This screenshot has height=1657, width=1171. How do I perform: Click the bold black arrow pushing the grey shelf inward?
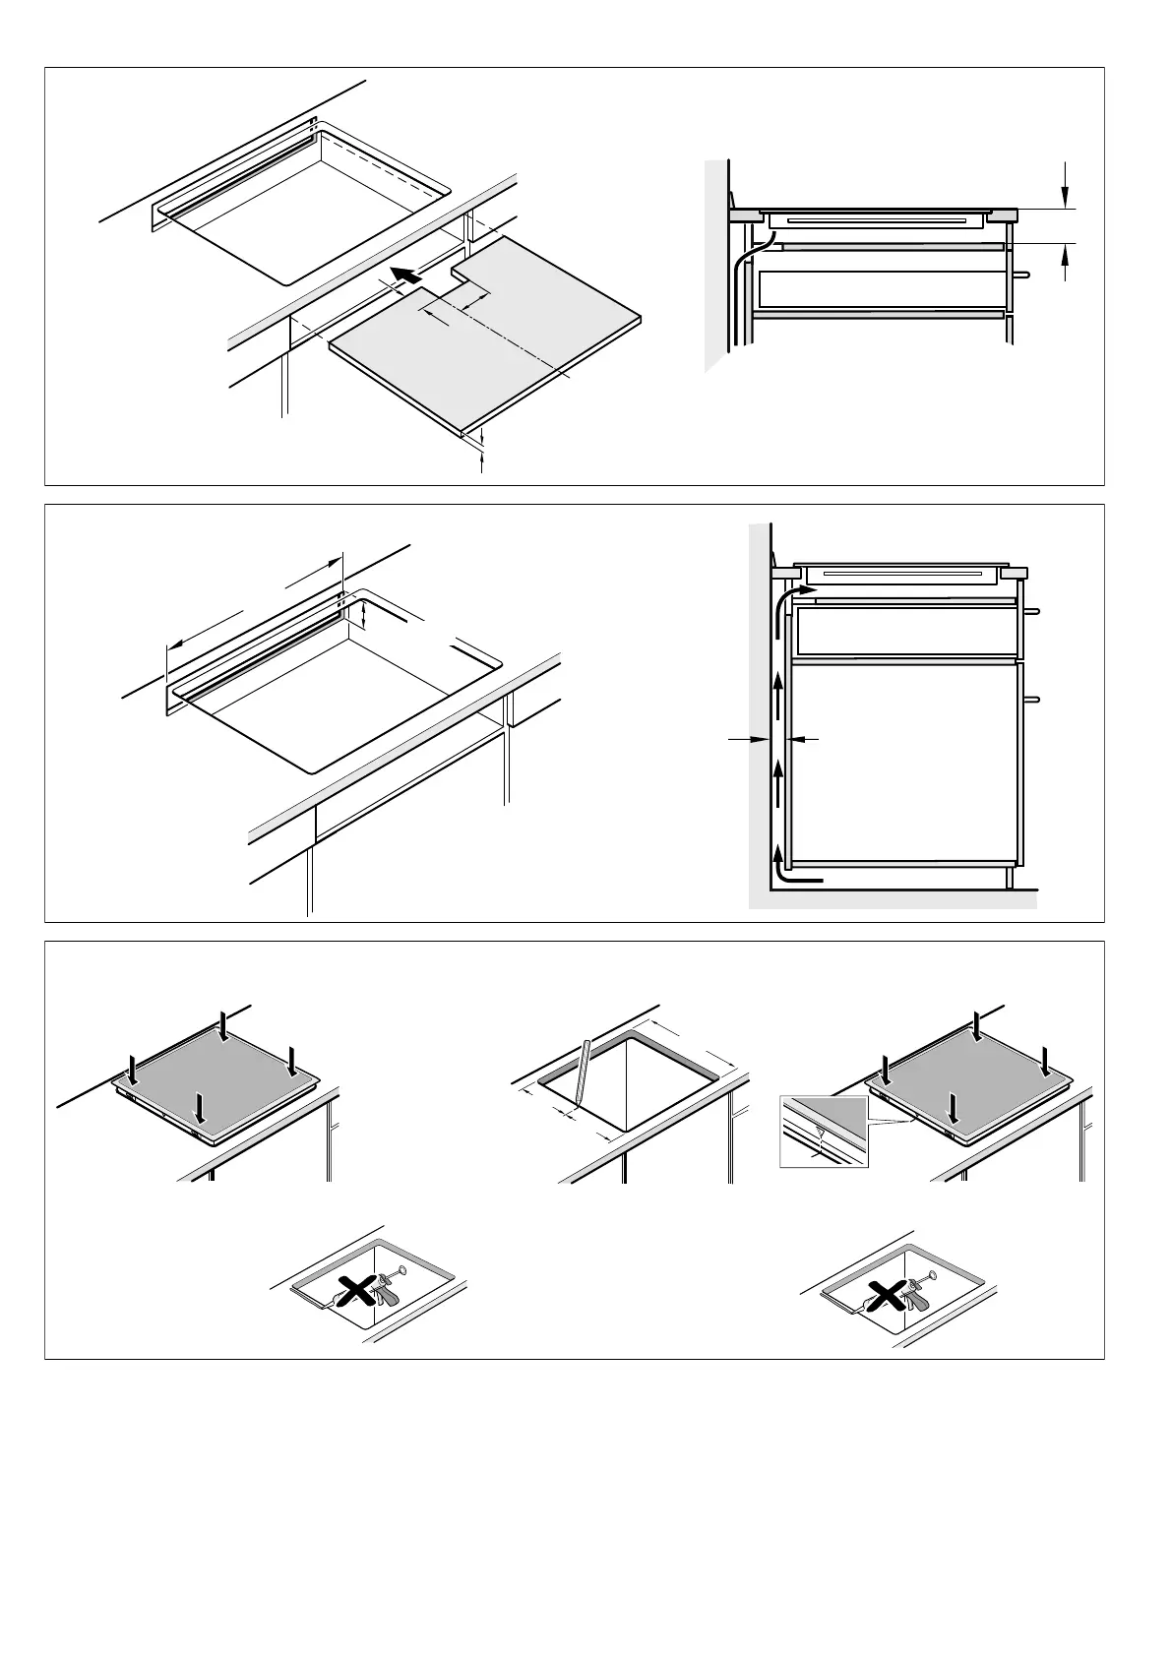tap(405, 273)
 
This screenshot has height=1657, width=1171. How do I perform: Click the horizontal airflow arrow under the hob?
tap(803, 590)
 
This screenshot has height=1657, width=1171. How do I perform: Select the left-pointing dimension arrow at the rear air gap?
tap(805, 737)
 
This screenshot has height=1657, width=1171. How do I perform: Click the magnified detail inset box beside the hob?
tap(824, 1132)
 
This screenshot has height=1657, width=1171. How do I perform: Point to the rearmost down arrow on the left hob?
tap(224, 1027)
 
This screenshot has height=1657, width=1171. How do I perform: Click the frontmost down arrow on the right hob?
tap(952, 1107)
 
